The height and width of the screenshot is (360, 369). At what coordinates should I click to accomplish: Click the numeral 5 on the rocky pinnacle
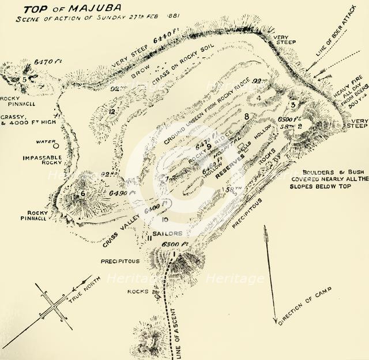(x=25, y=80)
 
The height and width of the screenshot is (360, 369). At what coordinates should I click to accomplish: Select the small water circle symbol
(x=57, y=142)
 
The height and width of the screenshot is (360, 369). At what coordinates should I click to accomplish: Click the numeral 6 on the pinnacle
(x=82, y=194)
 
